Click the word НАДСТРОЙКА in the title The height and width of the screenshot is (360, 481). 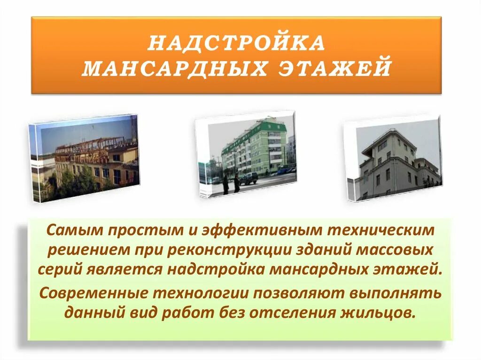pyautogui.click(x=236, y=44)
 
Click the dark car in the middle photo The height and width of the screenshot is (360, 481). pyautogui.click(x=248, y=178)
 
